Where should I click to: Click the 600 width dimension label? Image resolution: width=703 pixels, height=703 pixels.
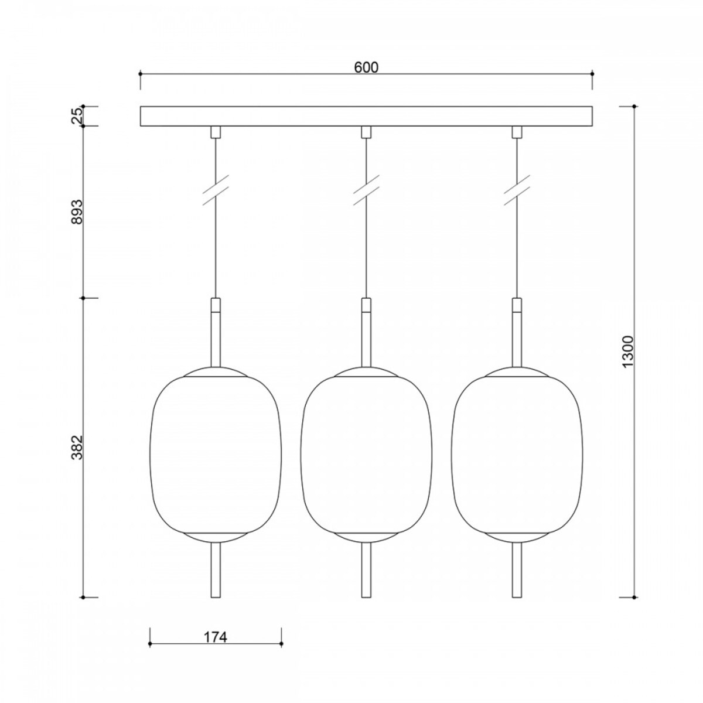tap(366, 67)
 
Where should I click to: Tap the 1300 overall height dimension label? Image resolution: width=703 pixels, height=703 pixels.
tap(628, 351)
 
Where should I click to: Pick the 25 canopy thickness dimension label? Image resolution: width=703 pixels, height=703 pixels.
tap(77, 117)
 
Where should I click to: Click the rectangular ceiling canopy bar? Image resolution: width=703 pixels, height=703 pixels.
tap(366, 116)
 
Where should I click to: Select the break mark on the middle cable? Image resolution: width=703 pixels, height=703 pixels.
tap(366, 190)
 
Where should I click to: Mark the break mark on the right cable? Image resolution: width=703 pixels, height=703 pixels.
tap(517, 190)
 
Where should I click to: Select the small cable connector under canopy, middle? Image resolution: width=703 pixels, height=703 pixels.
tap(366, 132)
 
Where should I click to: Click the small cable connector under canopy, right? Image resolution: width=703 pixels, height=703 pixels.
tap(517, 132)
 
